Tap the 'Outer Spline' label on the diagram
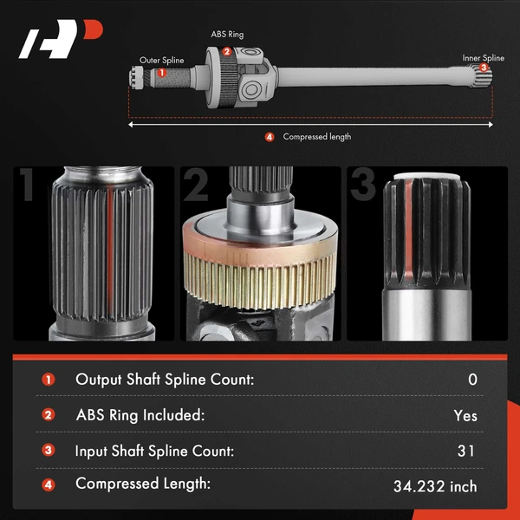click(162, 61)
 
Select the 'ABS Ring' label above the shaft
click(227, 36)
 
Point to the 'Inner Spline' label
click(483, 58)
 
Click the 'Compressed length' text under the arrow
click(316, 137)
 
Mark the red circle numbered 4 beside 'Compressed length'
click(269, 137)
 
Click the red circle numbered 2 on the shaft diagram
click(226, 51)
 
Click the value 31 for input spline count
click(465, 451)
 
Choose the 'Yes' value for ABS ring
click(465, 415)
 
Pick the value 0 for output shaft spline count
click(471, 380)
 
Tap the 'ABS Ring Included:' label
click(140, 415)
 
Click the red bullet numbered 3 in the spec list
click(49, 451)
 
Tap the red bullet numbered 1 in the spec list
click(49, 380)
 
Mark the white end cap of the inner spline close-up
click(426, 185)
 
